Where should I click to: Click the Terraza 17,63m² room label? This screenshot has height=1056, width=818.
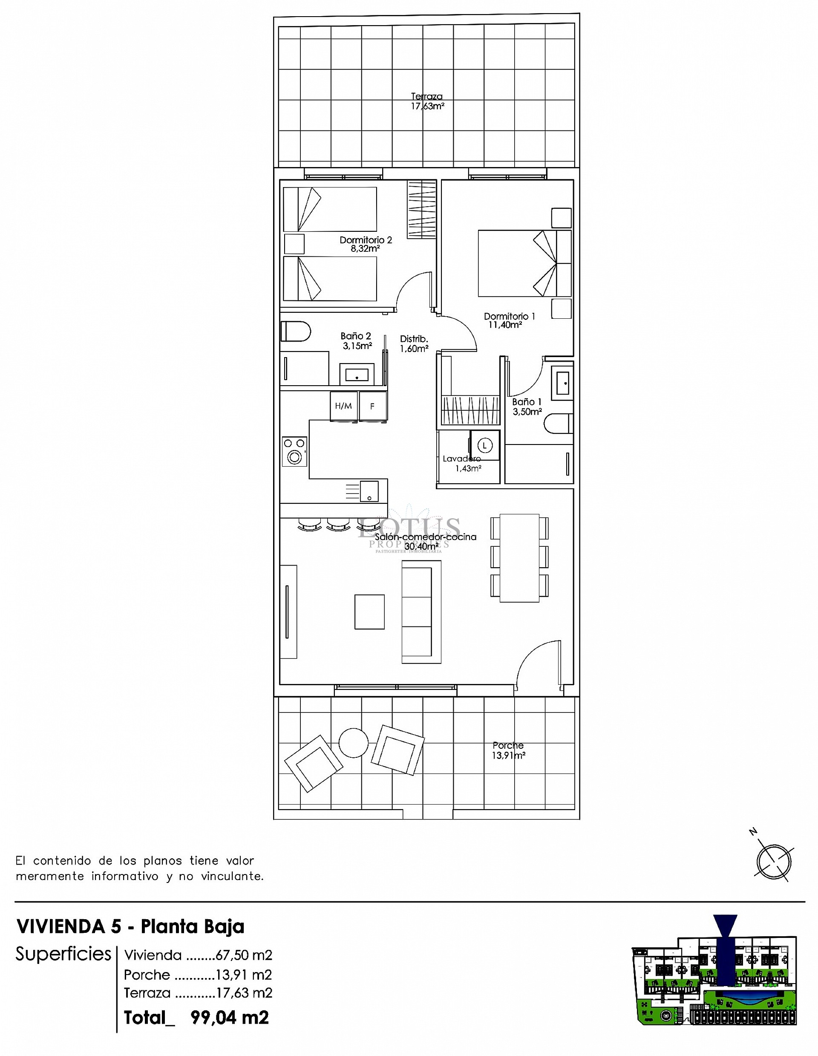427,101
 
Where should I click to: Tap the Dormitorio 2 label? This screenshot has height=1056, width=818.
366,244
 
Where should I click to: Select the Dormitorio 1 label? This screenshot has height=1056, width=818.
509,320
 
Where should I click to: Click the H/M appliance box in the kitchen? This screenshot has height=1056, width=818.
343,406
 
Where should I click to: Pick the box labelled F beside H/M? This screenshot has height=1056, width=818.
372,406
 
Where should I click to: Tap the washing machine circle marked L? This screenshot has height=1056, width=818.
484,445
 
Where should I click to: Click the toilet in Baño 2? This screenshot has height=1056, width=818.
295,332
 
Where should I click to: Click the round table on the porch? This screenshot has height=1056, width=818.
354,743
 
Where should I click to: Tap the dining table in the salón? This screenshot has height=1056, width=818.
519,557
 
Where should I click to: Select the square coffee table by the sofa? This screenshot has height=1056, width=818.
369,612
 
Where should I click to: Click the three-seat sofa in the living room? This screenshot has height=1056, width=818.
421,612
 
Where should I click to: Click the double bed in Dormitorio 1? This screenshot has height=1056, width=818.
524,263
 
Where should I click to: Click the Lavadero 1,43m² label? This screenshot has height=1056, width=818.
463,463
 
